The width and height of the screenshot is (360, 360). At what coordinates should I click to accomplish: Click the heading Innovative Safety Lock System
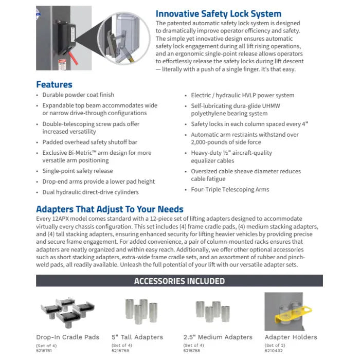219,13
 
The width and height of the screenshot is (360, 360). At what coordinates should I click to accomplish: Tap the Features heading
54,84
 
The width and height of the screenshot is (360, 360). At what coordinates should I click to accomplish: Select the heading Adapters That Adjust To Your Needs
110,209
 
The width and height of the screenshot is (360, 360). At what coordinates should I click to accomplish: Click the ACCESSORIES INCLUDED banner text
179,281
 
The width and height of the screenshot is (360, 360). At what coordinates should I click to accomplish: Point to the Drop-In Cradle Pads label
67,337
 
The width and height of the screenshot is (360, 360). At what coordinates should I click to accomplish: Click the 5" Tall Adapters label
137,337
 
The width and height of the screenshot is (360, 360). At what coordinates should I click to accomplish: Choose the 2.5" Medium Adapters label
218,337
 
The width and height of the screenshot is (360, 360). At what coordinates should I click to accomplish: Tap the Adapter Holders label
291,337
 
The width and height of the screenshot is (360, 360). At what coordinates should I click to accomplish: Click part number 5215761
44,350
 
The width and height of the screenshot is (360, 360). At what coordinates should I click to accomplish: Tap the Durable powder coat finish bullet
78,95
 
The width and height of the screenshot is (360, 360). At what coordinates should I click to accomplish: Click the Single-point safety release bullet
78,171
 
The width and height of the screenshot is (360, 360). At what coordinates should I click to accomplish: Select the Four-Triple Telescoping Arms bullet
230,190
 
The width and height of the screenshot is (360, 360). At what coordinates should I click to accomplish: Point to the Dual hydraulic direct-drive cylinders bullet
91,192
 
